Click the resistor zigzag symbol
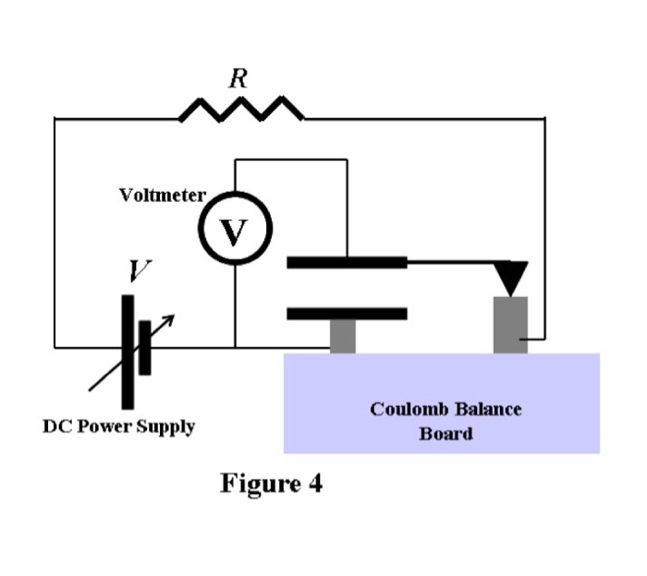click(x=241, y=111)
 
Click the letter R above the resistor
click(x=238, y=79)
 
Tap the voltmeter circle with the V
click(x=234, y=232)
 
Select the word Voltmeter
click(x=162, y=196)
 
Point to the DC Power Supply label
click(x=119, y=427)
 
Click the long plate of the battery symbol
click(x=127, y=351)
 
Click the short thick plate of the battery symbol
click(x=145, y=347)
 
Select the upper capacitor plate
click(x=347, y=262)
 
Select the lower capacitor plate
click(x=347, y=314)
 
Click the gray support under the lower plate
click(x=343, y=336)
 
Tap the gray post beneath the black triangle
click(x=510, y=325)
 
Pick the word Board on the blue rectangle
click(x=446, y=434)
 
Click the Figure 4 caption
click(x=271, y=483)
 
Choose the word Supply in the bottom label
click(x=166, y=427)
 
